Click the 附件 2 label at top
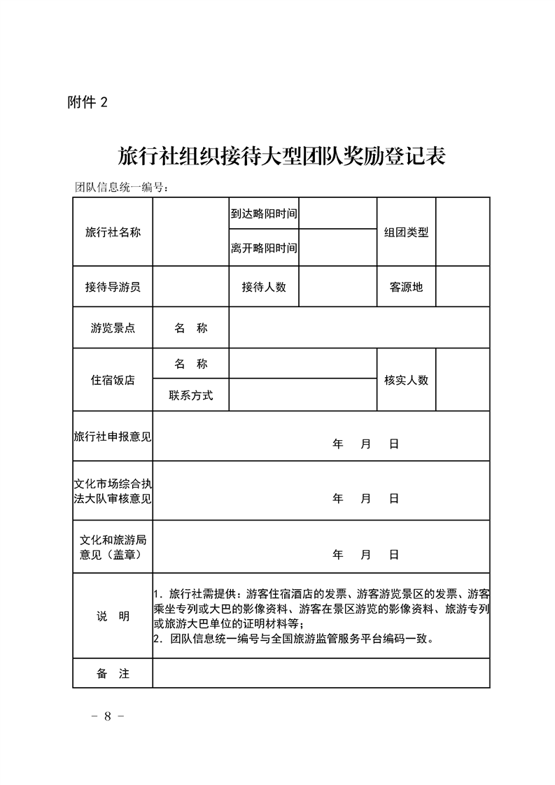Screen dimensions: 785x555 [x=88, y=102]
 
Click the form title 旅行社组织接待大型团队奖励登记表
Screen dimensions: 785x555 [x=282, y=155]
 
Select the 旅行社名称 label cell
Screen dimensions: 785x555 [x=113, y=232]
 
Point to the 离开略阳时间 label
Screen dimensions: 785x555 [x=264, y=248]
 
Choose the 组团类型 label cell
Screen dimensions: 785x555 [x=406, y=232]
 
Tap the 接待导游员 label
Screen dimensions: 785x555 [x=113, y=287]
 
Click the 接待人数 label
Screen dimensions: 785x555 [x=264, y=287]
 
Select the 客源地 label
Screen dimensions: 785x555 [x=406, y=287]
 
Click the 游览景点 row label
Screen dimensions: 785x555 [x=113, y=328]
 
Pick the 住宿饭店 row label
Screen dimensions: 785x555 [x=113, y=380]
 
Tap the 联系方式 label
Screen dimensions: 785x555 [x=190, y=395]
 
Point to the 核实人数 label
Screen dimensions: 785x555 [x=406, y=380]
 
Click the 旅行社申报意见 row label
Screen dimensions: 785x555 [x=113, y=437]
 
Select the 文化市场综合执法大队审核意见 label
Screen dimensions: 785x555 [x=113, y=491]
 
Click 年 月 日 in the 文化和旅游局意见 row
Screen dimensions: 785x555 [x=365, y=555]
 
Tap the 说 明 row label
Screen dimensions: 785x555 [x=113, y=616]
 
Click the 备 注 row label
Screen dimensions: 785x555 [x=113, y=674]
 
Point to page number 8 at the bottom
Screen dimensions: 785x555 [x=108, y=716]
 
